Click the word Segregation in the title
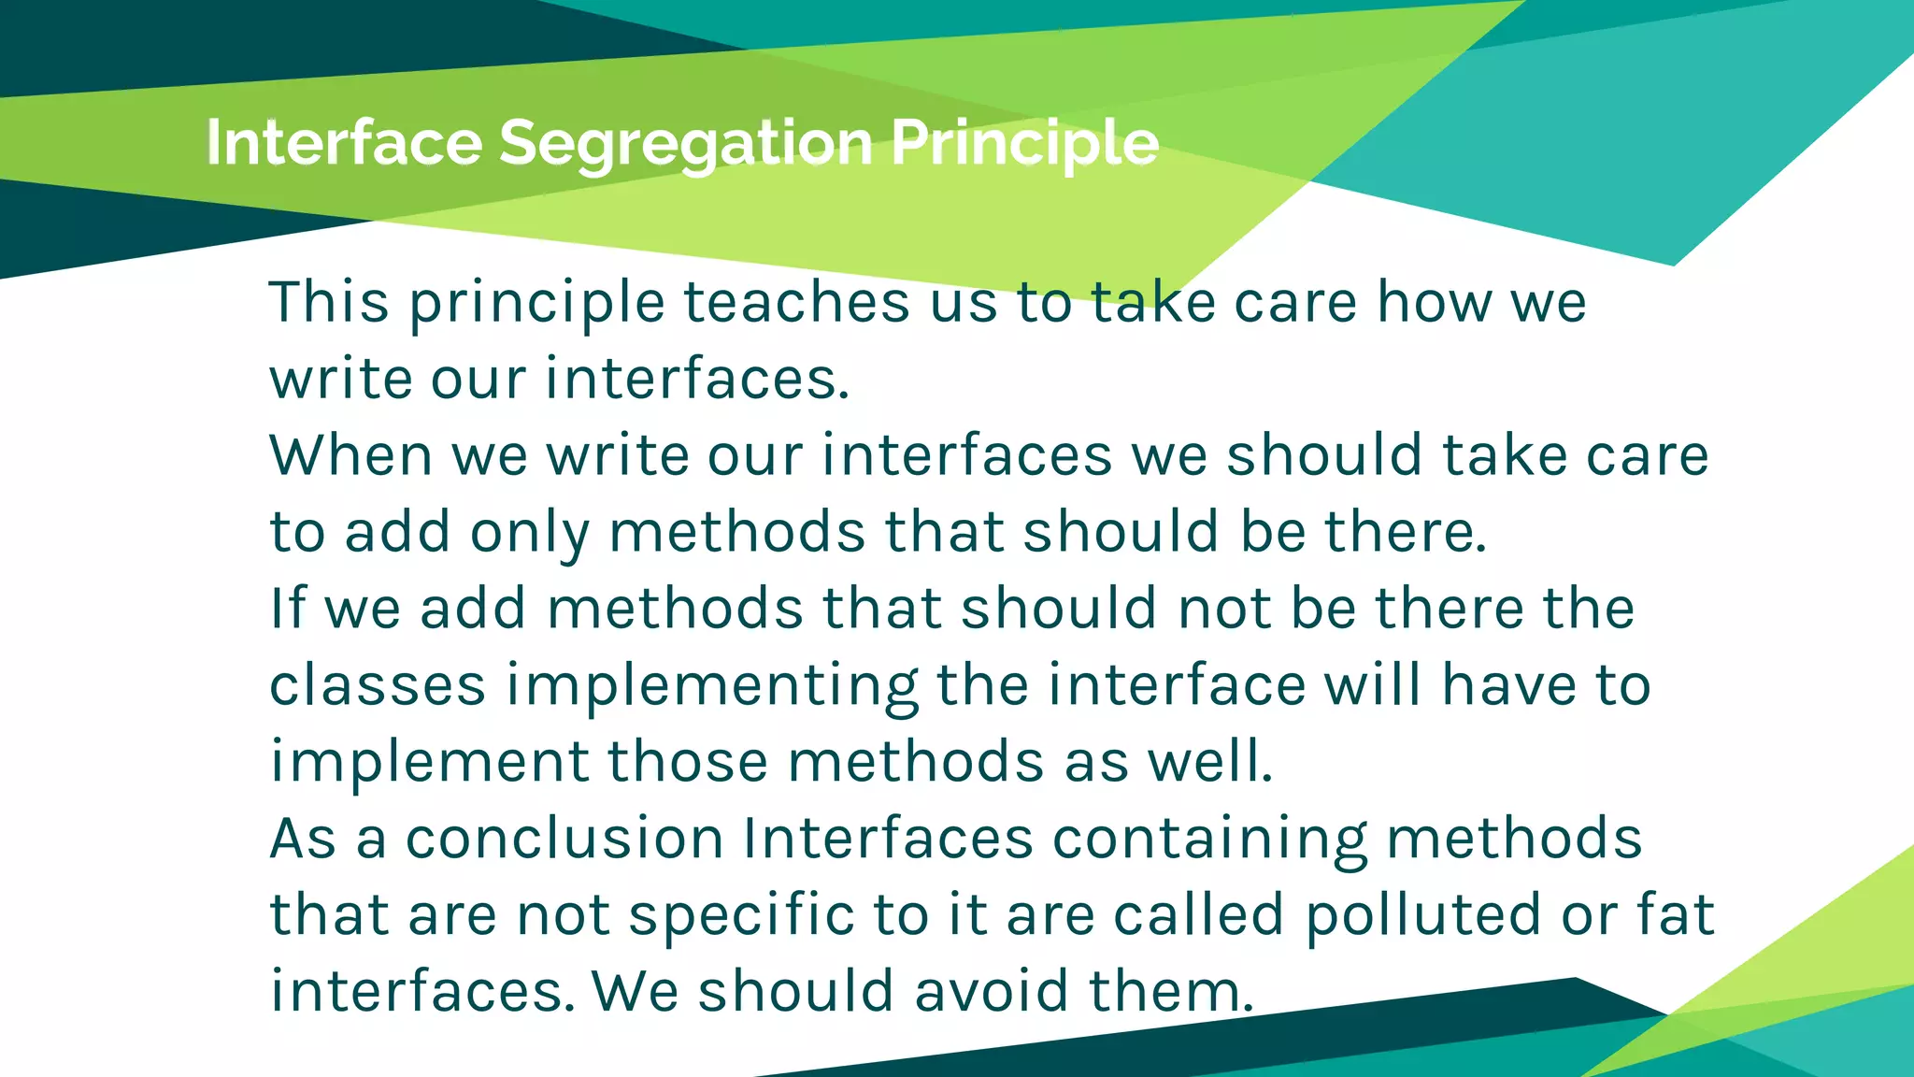click(686, 143)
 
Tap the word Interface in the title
click(344, 143)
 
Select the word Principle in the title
click(1024, 143)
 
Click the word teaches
click(796, 302)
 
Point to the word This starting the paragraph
click(329, 302)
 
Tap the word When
click(350, 455)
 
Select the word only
click(529, 532)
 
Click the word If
click(287, 609)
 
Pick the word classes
click(378, 685)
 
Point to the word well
click(1209, 762)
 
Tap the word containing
click(1209, 839)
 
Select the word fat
click(1676, 915)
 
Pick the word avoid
click(992, 992)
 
